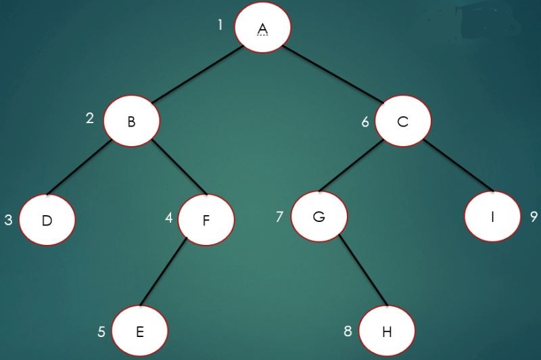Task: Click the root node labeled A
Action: (x=262, y=28)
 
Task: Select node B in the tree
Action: (x=132, y=121)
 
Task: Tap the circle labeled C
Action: (x=403, y=122)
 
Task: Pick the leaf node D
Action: (x=47, y=220)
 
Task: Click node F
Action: (x=206, y=220)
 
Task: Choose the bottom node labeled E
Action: (x=139, y=331)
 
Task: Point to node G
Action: (x=319, y=217)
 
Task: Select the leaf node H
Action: (x=387, y=331)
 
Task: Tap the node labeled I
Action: (x=492, y=217)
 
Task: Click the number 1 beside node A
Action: (x=220, y=25)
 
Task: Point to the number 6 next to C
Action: (x=365, y=122)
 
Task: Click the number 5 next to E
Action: (x=101, y=332)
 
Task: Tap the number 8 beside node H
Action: (x=348, y=332)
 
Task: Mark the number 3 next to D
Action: (x=8, y=221)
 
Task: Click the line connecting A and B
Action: (x=197, y=75)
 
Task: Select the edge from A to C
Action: (x=333, y=75)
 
